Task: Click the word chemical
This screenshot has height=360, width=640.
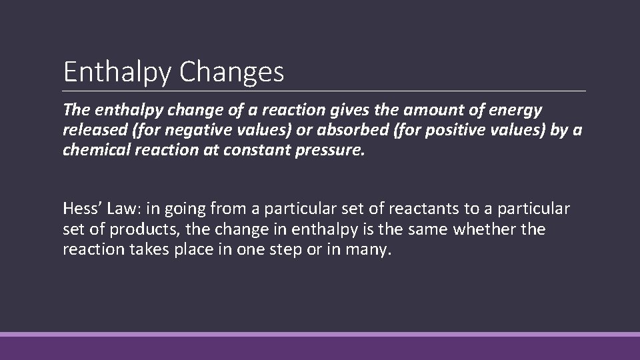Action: click(x=93, y=149)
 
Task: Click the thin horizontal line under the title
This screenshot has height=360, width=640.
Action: click(x=324, y=91)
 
